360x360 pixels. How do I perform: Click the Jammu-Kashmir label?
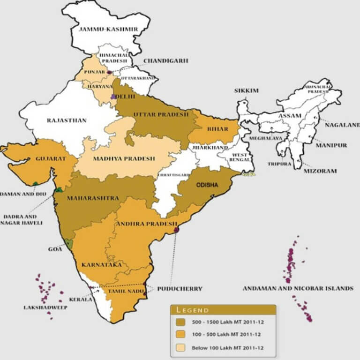109,29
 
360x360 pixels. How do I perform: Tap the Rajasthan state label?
67,120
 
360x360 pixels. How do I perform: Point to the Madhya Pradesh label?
124,158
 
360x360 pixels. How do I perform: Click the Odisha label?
207,185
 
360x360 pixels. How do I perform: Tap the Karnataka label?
102,265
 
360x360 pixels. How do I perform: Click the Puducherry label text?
180,289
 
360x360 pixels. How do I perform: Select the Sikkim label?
247,91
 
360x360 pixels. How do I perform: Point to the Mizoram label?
320,171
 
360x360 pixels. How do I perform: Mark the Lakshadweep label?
45,307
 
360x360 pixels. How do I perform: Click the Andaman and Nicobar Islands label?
298,288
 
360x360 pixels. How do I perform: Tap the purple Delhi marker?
113,96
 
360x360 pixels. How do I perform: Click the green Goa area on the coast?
69,244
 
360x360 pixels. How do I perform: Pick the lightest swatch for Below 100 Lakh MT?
182,347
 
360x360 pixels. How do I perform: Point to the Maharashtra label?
93,198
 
